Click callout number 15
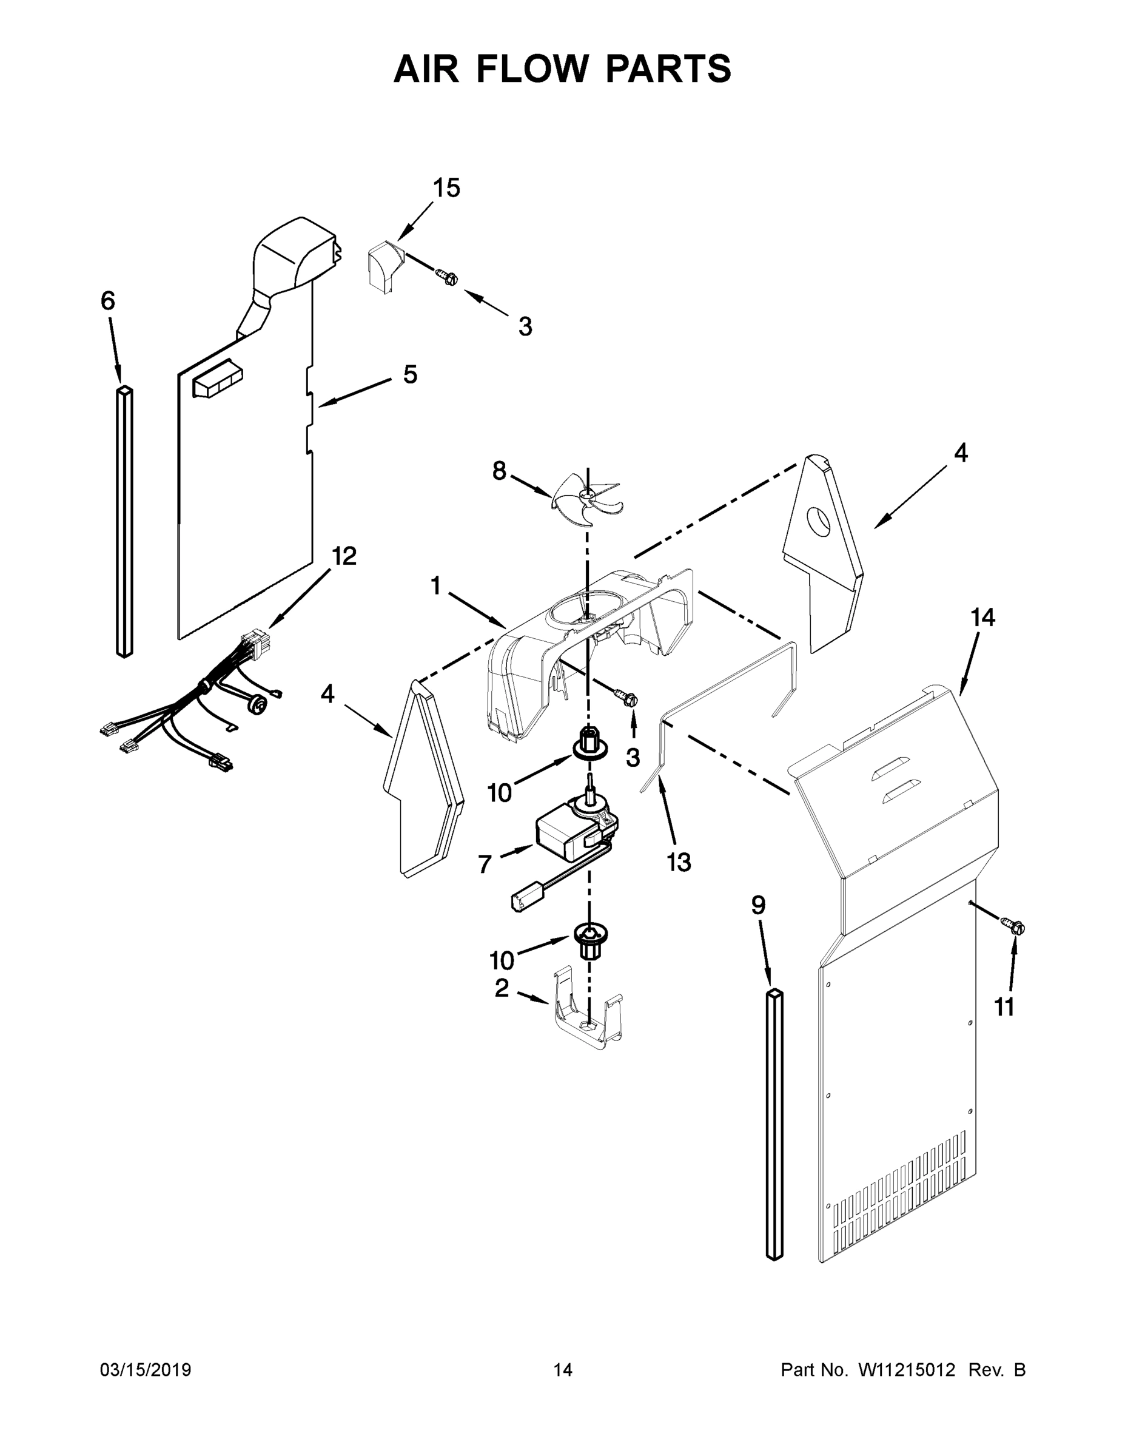pos(446,189)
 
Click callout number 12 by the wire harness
pos(344,555)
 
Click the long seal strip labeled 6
pos(125,520)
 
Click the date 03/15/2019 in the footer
pos(146,1370)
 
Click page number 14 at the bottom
pos(563,1370)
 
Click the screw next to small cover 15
pos(447,276)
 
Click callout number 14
pos(982,618)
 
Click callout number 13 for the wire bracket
pos(679,862)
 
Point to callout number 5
pos(410,375)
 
